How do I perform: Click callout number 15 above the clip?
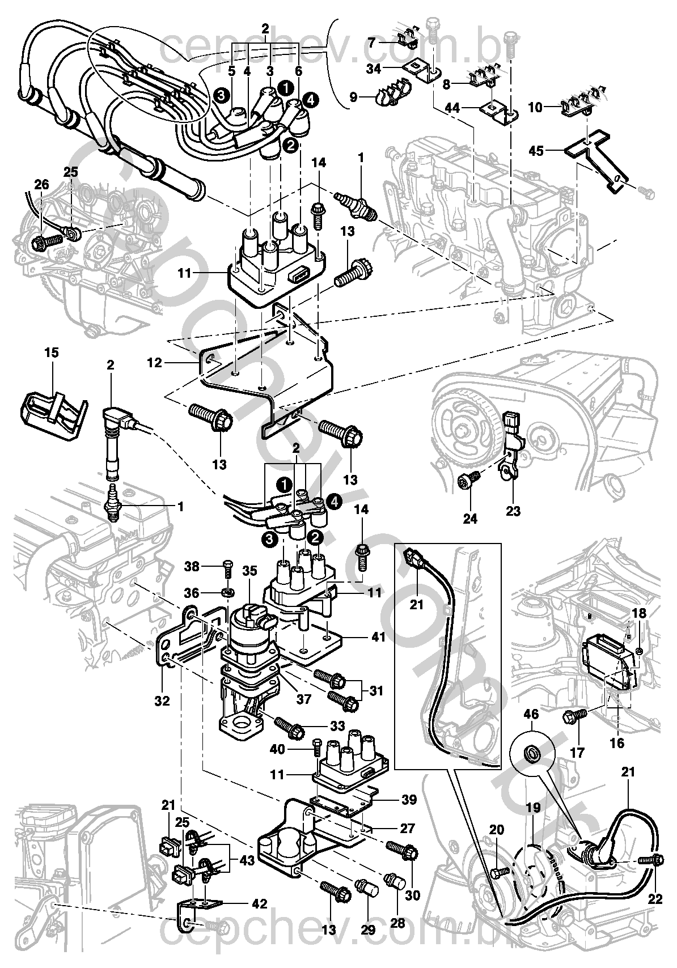coord(51,353)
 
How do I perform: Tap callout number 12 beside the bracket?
coord(155,362)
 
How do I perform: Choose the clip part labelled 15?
coord(51,409)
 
